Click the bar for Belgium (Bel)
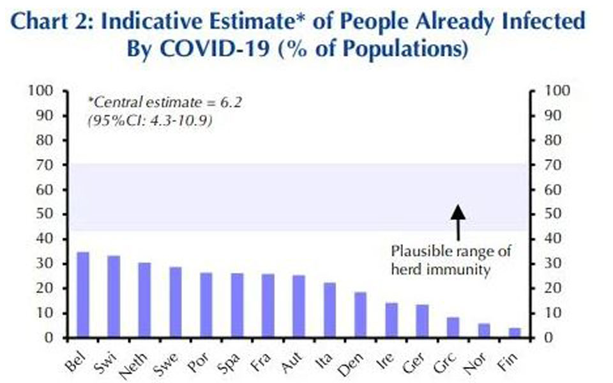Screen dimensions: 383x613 click(x=83, y=295)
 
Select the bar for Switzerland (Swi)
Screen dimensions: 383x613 click(x=114, y=297)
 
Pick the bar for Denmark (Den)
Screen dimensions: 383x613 click(x=360, y=315)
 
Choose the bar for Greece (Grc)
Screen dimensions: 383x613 click(x=453, y=327)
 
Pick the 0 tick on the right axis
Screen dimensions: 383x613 click(x=544, y=338)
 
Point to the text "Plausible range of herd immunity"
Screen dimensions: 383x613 click(x=450, y=260)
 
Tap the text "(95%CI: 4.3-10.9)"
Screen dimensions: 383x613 click(x=149, y=119)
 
